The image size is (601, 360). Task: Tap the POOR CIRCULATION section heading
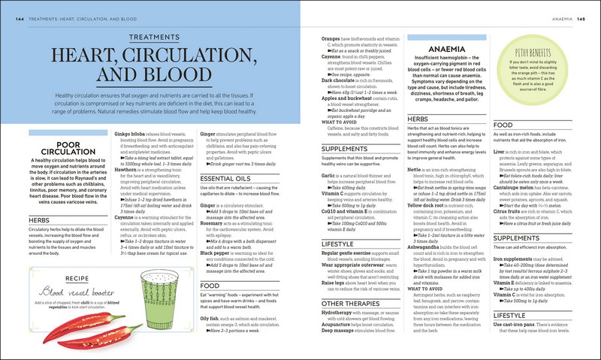pos(53,148)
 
